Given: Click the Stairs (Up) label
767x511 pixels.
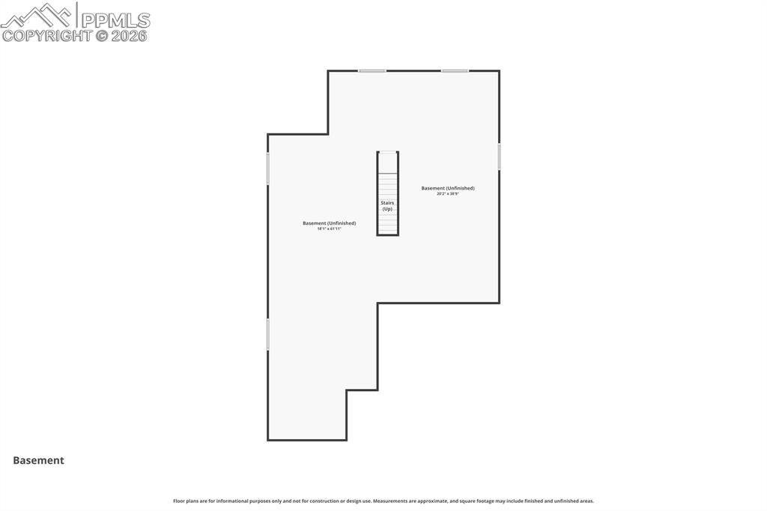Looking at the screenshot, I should pyautogui.click(x=387, y=206).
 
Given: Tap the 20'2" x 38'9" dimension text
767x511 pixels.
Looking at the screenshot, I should pyautogui.click(x=447, y=194).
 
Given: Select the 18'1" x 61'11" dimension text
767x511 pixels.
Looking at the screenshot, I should pyautogui.click(x=329, y=229).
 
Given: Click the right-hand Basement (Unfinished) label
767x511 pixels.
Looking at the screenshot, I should pyautogui.click(x=447, y=188).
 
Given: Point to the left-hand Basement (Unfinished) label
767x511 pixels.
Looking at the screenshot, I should pyautogui.click(x=329, y=223).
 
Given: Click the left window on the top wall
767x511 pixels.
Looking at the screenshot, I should pyautogui.click(x=372, y=71).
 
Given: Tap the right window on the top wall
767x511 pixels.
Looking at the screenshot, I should pyautogui.click(x=455, y=71).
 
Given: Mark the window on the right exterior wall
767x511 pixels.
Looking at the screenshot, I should pyautogui.click(x=499, y=157).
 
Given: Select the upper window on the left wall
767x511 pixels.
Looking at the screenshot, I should pyautogui.click(x=268, y=169).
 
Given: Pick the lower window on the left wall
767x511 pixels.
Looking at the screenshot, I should pyautogui.click(x=268, y=333).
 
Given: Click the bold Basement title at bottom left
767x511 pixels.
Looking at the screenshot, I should pyautogui.click(x=38, y=461).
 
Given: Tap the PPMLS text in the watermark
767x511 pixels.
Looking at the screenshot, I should pyautogui.click(x=115, y=19).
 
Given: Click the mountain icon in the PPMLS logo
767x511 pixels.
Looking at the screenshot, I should pyautogui.click(x=37, y=16).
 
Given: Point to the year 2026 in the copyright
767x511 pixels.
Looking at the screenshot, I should pyautogui.click(x=129, y=35).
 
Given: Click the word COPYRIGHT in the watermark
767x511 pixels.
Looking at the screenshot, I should pyautogui.click(x=46, y=35).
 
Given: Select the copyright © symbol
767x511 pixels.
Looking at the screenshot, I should pyautogui.click(x=101, y=35).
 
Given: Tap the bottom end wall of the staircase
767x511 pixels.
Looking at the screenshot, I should pyautogui.click(x=387, y=235).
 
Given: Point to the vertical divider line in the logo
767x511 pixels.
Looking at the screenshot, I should pyautogui.click(x=77, y=15).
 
